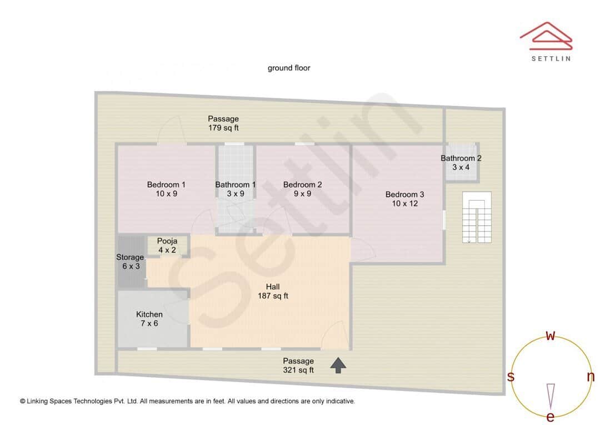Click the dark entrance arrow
tap(338, 364)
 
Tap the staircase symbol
tap(477, 218)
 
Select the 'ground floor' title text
tap(289, 68)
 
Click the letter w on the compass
tap(551, 335)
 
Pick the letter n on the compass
tap(591, 377)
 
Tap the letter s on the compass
tap(511, 377)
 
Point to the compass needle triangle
tap(551, 395)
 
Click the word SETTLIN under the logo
tap(551, 58)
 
